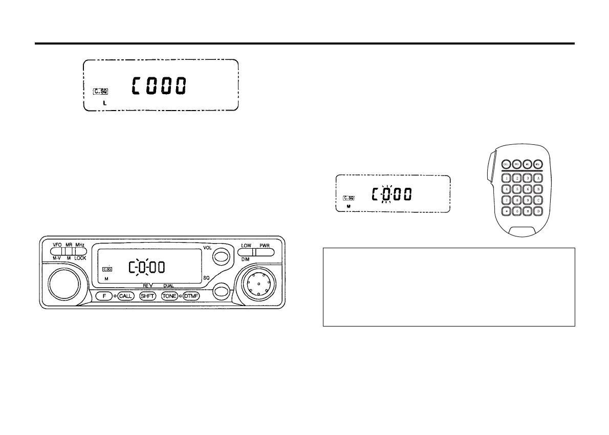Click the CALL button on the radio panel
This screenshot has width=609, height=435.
tap(126, 296)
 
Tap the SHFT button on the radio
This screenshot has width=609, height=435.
tap(147, 296)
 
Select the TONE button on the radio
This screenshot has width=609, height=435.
tap(169, 296)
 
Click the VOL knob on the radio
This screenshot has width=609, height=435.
tap(221, 256)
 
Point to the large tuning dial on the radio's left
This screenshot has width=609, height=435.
tap(64, 282)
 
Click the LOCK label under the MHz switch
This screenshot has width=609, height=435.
tap(80, 258)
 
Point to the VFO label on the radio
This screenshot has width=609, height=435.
tap(57, 245)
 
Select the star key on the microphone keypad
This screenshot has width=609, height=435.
tap(506, 211)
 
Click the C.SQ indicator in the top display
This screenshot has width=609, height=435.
tap(100, 92)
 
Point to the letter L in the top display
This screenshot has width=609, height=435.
tap(105, 103)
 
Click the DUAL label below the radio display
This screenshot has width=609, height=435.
tap(168, 286)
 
